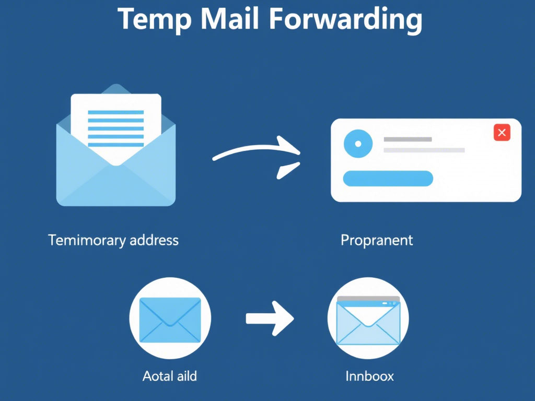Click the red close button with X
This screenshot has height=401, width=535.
(502, 133)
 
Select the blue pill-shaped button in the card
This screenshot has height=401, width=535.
(388, 179)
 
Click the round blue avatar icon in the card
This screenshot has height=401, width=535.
(358, 144)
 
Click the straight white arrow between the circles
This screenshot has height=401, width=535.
(270, 318)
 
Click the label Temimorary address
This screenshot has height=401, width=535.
(113, 240)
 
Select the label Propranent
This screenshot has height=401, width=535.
(377, 240)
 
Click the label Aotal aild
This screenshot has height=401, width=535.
(170, 375)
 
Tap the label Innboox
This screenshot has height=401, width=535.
(369, 375)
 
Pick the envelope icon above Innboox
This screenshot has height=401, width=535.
(368, 325)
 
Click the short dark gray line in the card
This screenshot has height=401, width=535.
(408, 139)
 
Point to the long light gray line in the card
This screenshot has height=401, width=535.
(424, 150)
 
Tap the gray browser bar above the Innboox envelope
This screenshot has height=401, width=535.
(368, 300)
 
